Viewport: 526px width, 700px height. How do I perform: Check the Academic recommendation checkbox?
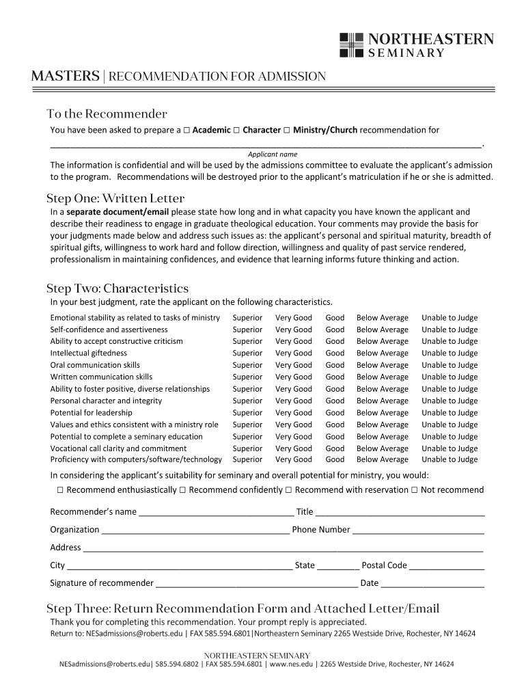(x=187, y=130)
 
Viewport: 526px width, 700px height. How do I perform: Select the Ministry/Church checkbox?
(x=287, y=130)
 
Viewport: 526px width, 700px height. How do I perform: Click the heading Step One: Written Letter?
(x=115, y=198)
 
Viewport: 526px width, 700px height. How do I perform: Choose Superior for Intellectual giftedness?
(x=247, y=353)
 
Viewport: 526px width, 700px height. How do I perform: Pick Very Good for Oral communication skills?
(x=293, y=365)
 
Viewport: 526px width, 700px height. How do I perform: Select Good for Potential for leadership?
(x=335, y=413)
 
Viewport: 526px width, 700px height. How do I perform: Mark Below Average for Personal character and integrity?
(x=382, y=401)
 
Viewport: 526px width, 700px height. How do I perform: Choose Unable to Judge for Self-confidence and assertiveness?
(x=449, y=329)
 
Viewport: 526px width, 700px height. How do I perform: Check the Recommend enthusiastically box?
(x=60, y=490)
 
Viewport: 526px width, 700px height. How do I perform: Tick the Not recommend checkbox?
(x=415, y=490)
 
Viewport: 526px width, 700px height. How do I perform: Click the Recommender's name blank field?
(x=216, y=513)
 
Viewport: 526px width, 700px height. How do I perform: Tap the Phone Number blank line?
(x=418, y=530)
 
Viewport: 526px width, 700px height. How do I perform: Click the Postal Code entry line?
(x=447, y=566)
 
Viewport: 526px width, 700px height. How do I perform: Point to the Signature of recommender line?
(x=256, y=584)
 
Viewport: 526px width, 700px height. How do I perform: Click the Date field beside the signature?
(x=432, y=584)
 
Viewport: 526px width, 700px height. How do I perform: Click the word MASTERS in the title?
(x=65, y=77)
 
